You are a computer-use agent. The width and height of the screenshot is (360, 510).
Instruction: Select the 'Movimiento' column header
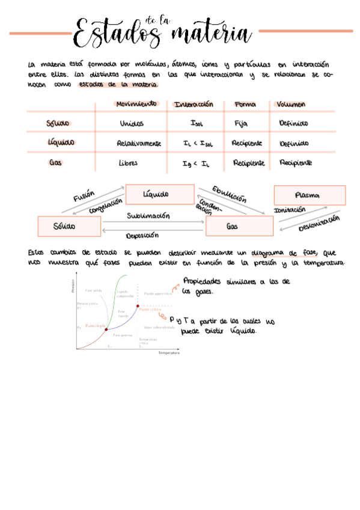pos(136,104)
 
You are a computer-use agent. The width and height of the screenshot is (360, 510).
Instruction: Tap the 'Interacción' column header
pos(194,104)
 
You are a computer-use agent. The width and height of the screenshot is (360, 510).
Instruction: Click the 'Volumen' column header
pos(291,104)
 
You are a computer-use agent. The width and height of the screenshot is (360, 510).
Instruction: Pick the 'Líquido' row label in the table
pos(61,143)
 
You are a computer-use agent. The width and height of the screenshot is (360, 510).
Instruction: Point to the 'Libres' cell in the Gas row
pos(129,162)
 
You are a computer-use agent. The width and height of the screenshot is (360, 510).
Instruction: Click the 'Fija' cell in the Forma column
pos(241,123)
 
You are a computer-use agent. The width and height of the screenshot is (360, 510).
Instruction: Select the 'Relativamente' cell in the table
pos(139,144)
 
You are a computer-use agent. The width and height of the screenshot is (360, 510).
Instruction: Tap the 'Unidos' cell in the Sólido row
pos(132,123)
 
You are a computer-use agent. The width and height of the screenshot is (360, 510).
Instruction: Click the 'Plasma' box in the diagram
pos(310,195)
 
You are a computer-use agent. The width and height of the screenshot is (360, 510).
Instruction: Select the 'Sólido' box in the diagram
pos(69,227)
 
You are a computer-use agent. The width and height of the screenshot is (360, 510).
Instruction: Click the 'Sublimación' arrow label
pos(148,215)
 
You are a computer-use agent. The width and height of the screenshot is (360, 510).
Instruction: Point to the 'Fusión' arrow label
pos(84,197)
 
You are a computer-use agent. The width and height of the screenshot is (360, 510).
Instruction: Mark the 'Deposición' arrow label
pos(142,235)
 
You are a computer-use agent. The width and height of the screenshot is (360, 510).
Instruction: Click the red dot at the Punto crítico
pos(138,306)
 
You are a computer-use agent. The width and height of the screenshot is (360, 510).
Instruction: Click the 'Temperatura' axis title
pos(168,353)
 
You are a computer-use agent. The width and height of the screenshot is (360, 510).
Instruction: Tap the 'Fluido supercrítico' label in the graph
pos(159,293)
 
